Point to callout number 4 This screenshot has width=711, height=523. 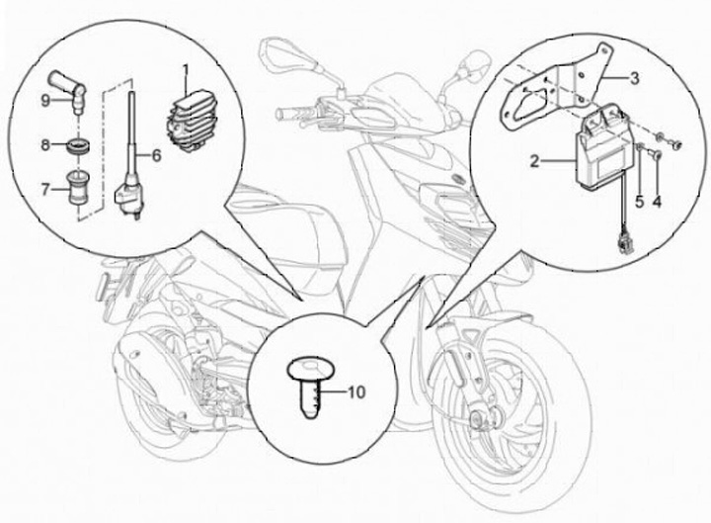[x=657, y=203]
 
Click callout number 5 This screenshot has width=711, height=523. [x=639, y=203]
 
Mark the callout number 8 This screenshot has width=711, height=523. [x=44, y=145]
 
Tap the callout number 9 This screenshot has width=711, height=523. [x=44, y=100]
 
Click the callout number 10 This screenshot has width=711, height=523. [x=355, y=392]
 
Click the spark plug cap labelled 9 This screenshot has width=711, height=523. [x=71, y=89]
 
